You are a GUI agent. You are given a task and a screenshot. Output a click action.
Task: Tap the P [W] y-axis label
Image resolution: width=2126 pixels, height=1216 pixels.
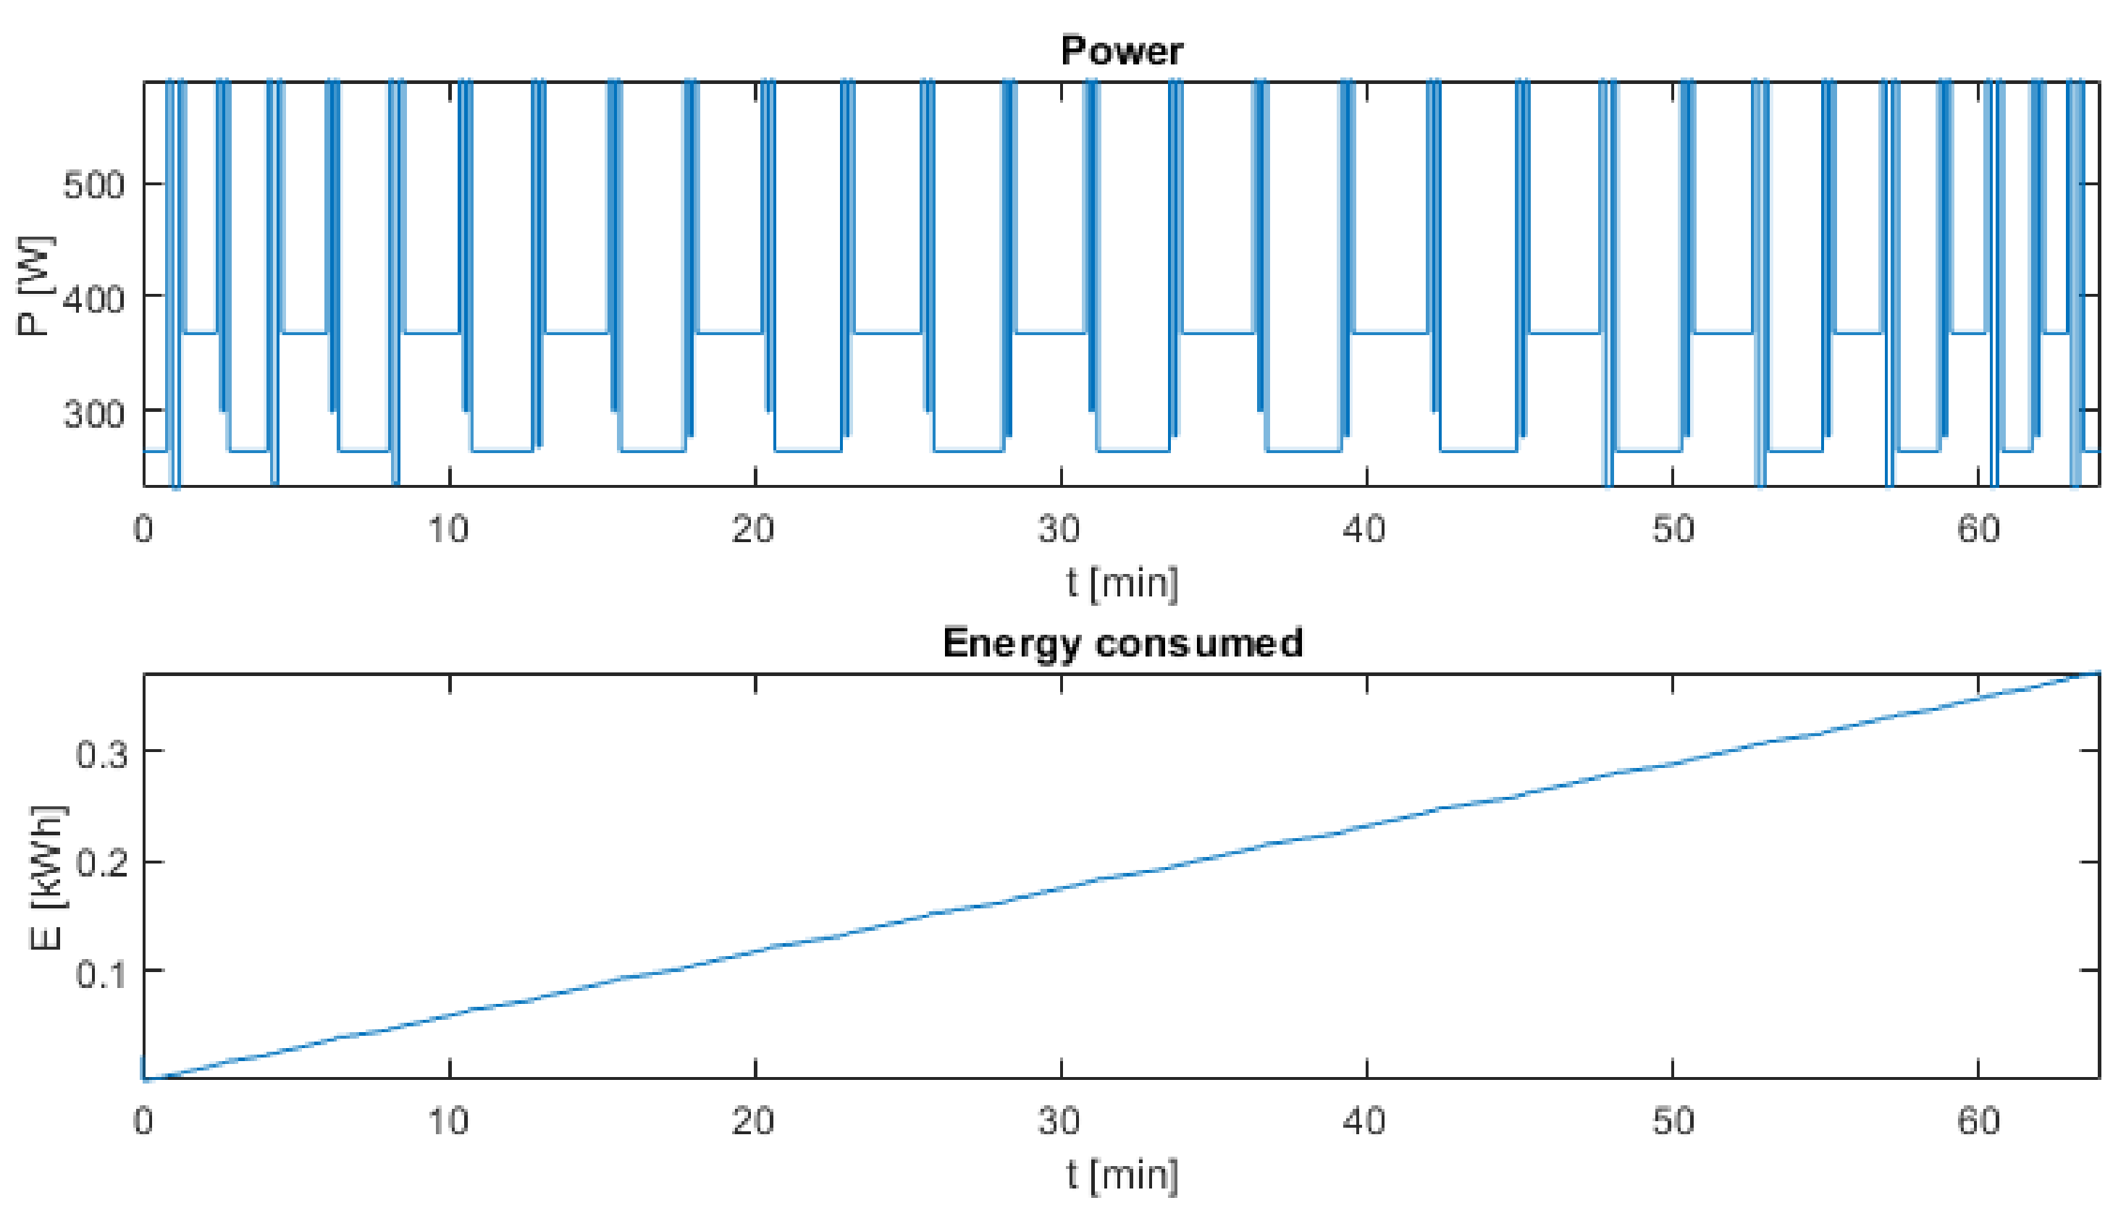pos(35,287)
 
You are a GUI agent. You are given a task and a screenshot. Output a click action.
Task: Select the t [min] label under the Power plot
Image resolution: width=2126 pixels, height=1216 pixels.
pos(1122,582)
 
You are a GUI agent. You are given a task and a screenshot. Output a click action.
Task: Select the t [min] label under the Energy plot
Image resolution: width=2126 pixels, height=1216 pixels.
pos(1122,1175)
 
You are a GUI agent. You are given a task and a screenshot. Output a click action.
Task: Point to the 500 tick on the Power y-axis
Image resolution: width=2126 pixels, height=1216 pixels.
pos(93,185)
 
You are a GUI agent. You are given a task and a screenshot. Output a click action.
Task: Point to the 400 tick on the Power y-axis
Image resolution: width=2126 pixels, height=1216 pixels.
pos(93,298)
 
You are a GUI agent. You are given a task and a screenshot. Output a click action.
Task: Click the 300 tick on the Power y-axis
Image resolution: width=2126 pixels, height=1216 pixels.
pos(93,413)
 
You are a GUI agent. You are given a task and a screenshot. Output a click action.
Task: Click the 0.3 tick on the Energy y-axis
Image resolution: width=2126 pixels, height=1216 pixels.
pos(102,754)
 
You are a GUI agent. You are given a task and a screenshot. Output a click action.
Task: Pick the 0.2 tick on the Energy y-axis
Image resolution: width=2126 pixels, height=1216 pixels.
pos(102,863)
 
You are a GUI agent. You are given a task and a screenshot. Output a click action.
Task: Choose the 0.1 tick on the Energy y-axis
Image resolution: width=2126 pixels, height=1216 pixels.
pos(102,973)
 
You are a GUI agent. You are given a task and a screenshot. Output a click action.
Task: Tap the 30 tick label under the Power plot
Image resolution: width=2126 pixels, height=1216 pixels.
pos(1059,530)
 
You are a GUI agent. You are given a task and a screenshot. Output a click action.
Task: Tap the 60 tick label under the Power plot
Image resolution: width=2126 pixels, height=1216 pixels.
pos(1978,530)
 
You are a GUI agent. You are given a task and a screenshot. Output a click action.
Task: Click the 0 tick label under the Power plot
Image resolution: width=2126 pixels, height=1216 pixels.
pos(143,530)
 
